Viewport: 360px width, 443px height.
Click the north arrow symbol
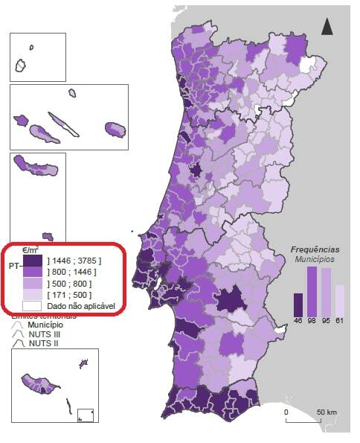point(327,27)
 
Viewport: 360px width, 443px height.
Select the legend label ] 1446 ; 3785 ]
point(74,261)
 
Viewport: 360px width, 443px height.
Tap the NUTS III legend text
point(44,334)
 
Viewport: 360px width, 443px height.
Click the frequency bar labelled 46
point(298,305)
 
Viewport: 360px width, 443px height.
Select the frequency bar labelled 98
point(312,291)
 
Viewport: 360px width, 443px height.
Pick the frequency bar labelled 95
point(326,293)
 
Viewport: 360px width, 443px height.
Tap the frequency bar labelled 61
point(340,300)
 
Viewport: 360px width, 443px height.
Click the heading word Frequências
point(315,249)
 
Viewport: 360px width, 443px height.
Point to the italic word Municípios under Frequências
point(314,259)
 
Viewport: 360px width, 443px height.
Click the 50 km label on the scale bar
point(326,412)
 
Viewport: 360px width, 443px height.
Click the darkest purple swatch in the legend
point(32,261)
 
